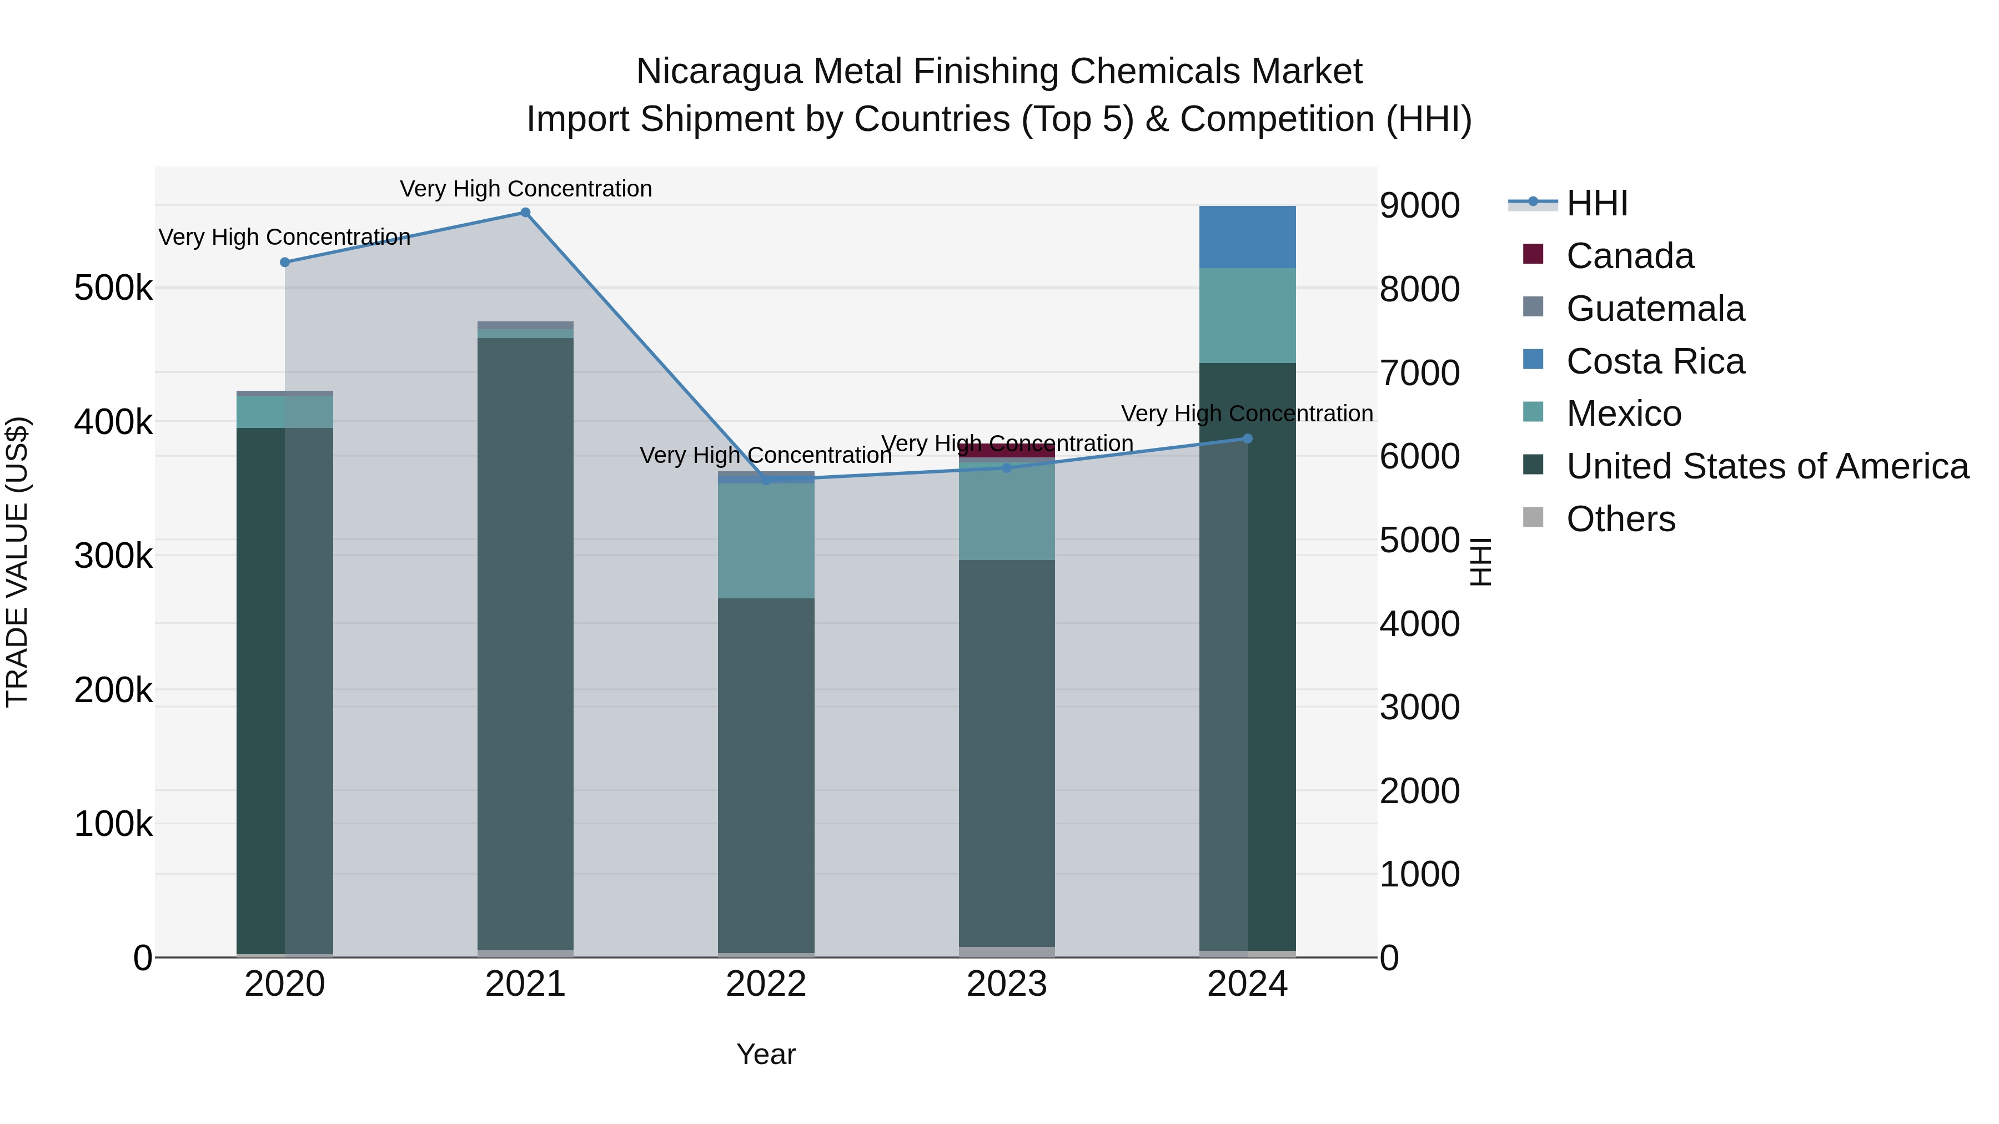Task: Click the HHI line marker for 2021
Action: coord(525,213)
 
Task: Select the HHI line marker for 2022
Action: coord(766,480)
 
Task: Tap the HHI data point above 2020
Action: coord(285,262)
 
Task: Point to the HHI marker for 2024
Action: coord(1247,439)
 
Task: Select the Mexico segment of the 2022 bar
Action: coord(766,541)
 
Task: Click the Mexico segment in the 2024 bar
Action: coord(1247,316)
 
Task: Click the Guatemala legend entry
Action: coord(1655,309)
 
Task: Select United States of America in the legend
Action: coord(1767,466)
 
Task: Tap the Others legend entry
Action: coord(1620,519)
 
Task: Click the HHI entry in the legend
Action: coord(1596,203)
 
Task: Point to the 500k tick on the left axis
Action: coord(113,289)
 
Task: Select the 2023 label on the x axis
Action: coord(1007,984)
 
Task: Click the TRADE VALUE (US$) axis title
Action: coord(17,562)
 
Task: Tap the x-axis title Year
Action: coord(766,1054)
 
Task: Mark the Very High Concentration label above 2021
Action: coord(525,189)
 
